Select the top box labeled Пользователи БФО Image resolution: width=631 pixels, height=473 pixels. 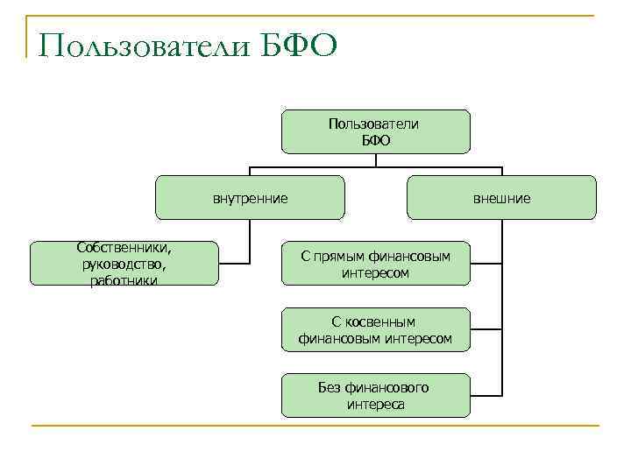coord(375,131)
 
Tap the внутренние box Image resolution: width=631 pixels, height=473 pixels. coord(250,198)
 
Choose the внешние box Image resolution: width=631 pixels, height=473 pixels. coord(501,198)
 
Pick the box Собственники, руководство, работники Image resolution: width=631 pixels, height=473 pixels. coord(124,263)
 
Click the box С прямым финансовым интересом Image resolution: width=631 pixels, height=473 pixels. coord(375,264)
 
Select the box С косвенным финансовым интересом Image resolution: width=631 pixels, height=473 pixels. coord(375,329)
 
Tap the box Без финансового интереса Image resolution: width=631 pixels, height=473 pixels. coord(375,395)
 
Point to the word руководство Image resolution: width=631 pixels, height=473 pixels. coord(124,264)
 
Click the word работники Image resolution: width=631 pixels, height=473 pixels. coord(124,279)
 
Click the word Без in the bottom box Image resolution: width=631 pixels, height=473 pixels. coord(330,387)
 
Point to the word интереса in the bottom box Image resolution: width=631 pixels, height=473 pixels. coord(375,404)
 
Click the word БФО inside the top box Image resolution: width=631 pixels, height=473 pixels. coord(375,140)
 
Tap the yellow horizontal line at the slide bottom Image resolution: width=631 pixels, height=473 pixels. coord(315,426)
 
